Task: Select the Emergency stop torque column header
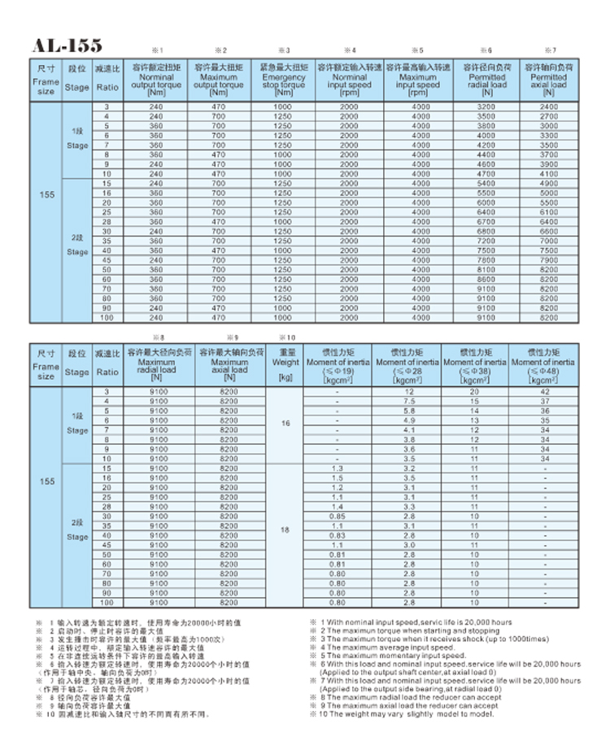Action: (x=283, y=79)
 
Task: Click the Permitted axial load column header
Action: (x=549, y=79)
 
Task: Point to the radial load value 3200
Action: (x=486, y=107)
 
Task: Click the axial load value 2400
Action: (x=549, y=107)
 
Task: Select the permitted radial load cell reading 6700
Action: (x=486, y=221)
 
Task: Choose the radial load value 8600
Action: (x=486, y=279)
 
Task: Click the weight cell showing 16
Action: (x=285, y=425)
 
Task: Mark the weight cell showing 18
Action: (x=285, y=530)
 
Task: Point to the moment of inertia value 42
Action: (x=545, y=393)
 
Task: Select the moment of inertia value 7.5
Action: (x=409, y=402)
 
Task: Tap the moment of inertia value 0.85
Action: (x=337, y=516)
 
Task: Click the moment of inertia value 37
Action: (x=545, y=402)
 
